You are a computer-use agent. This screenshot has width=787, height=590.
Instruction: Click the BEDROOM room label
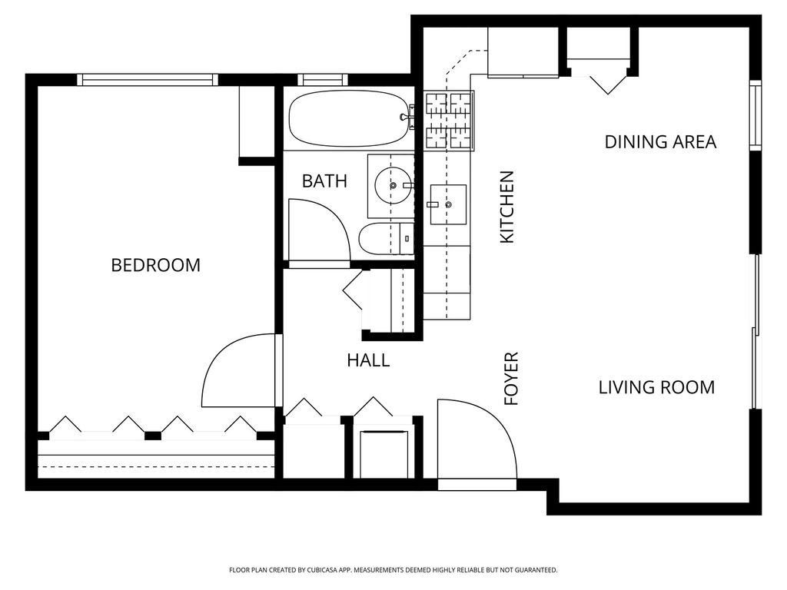[155, 265]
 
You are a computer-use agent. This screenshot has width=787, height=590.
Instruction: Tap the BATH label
[324, 181]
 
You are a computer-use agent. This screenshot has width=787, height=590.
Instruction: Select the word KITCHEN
[507, 207]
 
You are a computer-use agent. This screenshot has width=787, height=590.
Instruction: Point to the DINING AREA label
[660, 142]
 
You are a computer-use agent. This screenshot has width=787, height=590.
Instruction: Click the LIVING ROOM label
[656, 387]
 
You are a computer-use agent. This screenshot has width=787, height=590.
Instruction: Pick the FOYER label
[511, 379]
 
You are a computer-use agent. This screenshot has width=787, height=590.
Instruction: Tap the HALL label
[368, 360]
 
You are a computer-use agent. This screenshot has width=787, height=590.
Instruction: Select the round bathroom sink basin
[393, 186]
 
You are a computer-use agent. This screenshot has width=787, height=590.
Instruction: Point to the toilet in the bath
[386, 239]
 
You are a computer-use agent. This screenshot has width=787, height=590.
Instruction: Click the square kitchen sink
[448, 204]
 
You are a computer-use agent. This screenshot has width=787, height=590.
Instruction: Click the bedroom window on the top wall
[148, 80]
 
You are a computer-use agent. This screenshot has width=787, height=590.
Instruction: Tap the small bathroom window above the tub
[323, 80]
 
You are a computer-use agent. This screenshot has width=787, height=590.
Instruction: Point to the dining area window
[755, 115]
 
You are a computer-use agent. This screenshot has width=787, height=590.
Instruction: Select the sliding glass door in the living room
[755, 332]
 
